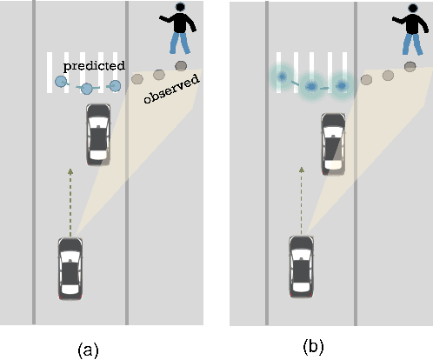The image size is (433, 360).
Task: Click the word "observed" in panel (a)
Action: (171, 89)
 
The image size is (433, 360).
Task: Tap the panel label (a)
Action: (88, 349)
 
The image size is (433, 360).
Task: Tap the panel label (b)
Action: (313, 345)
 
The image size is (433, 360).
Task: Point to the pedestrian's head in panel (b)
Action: (410, 11)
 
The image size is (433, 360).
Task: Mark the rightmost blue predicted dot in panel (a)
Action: (115, 85)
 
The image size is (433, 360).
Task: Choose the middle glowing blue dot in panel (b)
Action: (310, 87)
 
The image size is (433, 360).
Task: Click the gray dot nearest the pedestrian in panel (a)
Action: (181, 65)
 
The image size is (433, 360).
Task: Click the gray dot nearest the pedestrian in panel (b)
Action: (410, 67)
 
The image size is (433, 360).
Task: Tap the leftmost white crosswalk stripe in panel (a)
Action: (50, 70)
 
